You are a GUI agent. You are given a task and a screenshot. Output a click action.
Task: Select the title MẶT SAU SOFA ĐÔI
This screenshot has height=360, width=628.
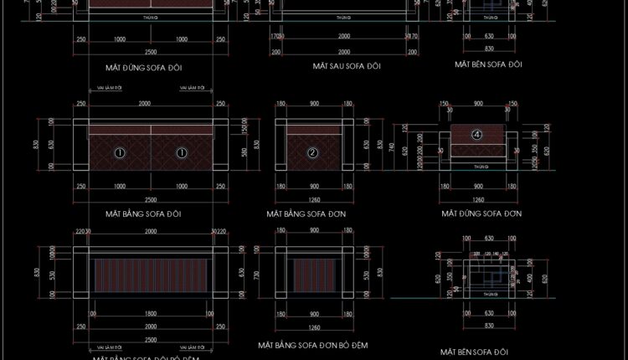344,64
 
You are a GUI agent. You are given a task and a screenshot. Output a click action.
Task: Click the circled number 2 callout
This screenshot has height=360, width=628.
312,153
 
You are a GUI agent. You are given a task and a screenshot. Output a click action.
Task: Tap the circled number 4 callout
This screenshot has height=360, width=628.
477,134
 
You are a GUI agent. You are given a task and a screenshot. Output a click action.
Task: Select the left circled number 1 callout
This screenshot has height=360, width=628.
120,153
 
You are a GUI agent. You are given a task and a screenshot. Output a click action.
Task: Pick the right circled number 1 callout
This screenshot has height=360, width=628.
181,153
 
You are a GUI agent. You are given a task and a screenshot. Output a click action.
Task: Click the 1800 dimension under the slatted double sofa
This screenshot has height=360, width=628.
151,314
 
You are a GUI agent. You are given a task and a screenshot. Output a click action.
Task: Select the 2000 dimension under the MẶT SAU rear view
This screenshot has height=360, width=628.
344,37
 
